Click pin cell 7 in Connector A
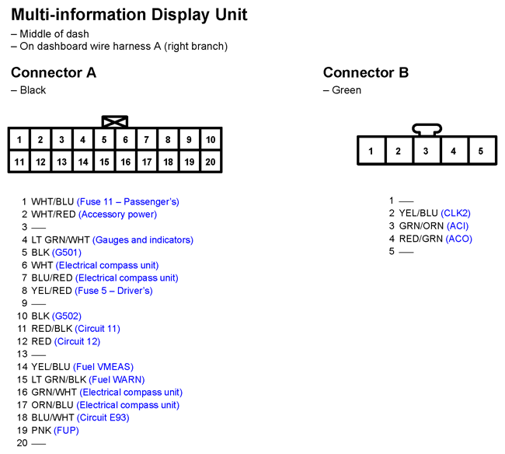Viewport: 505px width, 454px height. coord(147,139)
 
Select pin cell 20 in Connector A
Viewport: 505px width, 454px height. coord(211,162)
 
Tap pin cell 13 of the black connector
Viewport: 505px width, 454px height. coord(61,162)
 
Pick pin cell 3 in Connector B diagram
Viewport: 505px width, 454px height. coord(426,151)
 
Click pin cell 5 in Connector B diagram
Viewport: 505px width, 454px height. coord(481,151)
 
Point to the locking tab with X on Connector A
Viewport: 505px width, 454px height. coord(115,122)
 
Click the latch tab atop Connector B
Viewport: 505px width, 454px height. coord(427,130)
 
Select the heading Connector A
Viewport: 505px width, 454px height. coord(54,72)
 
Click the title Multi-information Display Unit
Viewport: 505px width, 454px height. coord(129,15)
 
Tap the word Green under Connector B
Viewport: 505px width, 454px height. coord(347,90)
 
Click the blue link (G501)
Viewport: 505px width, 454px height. coord(67,253)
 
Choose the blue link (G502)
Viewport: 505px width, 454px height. coord(67,316)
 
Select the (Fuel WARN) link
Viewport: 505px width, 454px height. coord(117,379)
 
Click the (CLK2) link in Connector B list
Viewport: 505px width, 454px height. coord(456,213)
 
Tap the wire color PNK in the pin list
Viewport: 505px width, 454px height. coord(41,431)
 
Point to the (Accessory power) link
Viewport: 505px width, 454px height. coord(117,215)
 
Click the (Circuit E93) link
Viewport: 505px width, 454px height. coord(103,418)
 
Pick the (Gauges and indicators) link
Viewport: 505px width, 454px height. coord(143,240)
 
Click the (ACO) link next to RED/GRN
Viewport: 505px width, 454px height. coord(459,239)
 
